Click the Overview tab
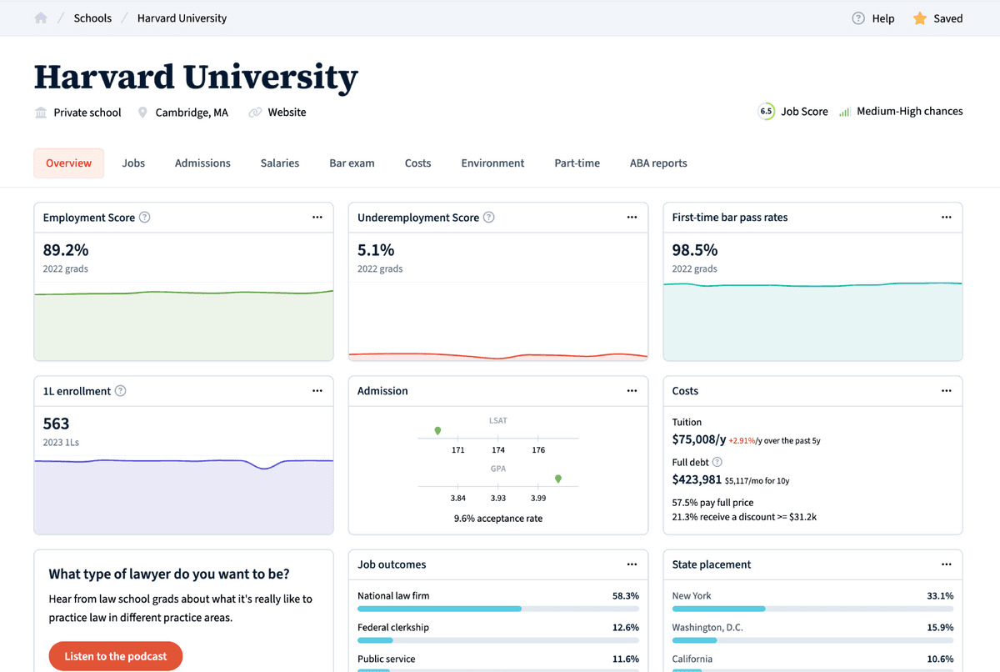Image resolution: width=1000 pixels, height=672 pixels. [x=68, y=163]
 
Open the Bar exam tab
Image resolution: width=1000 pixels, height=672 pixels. [x=352, y=163]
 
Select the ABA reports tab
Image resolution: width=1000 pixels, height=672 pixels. [x=658, y=163]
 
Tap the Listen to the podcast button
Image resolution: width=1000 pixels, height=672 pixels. [x=116, y=656]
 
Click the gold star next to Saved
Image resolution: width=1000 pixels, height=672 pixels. [x=920, y=18]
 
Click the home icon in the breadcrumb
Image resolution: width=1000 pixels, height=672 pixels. [x=41, y=18]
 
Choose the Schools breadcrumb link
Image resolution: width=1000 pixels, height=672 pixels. [x=92, y=18]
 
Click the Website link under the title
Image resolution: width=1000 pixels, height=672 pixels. [x=287, y=113]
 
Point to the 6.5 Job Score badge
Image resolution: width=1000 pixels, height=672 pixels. [x=766, y=112]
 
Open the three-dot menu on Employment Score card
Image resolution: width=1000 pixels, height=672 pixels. [x=317, y=218]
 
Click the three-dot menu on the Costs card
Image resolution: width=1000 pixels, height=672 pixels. [x=947, y=391]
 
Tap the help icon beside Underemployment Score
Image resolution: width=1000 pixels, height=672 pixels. [x=489, y=218]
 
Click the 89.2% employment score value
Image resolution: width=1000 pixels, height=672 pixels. [x=66, y=250]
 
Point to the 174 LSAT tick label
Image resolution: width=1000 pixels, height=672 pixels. [x=498, y=450]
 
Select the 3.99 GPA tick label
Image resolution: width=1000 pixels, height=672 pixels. [x=538, y=499]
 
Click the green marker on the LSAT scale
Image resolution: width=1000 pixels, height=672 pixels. [x=437, y=431]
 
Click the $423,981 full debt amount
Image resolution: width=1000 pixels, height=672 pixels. [x=697, y=479]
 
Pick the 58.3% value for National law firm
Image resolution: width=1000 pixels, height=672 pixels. [x=625, y=596]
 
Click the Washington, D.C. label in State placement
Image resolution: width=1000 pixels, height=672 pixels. [x=707, y=628]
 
